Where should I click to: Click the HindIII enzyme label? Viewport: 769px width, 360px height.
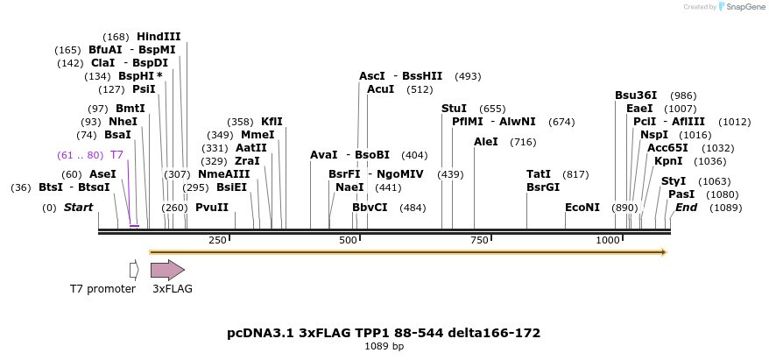pyautogui.click(x=159, y=36)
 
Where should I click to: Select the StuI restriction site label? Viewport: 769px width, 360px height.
pyautogui.click(x=455, y=109)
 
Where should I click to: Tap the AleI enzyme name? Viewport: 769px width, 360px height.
pyautogui.click(x=485, y=142)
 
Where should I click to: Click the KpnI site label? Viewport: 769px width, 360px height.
pyautogui.click(x=668, y=161)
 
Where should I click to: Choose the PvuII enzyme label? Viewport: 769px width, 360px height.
pyautogui.click(x=212, y=207)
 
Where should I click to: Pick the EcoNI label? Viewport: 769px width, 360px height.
pyautogui.click(x=582, y=207)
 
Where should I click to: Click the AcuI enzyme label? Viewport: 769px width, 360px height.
pyautogui.click(x=381, y=89)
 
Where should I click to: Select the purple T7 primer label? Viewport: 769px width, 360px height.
pyautogui.click(x=116, y=155)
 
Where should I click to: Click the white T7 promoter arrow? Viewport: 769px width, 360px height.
pyautogui.click(x=134, y=270)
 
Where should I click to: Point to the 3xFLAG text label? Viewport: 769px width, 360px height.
pyautogui.click(x=173, y=289)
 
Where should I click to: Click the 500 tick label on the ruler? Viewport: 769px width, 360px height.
pyautogui.click(x=348, y=240)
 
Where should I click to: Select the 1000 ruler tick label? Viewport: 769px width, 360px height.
pyautogui.click(x=608, y=240)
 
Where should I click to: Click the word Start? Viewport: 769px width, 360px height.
pyautogui.click(x=79, y=207)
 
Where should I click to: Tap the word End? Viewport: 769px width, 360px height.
pyautogui.click(x=686, y=207)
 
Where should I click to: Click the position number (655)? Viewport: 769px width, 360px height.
pyautogui.click(x=492, y=109)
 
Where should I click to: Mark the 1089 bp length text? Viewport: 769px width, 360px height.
pyautogui.click(x=384, y=346)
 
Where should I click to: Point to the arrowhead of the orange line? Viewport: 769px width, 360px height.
pyautogui.click(x=665, y=252)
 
